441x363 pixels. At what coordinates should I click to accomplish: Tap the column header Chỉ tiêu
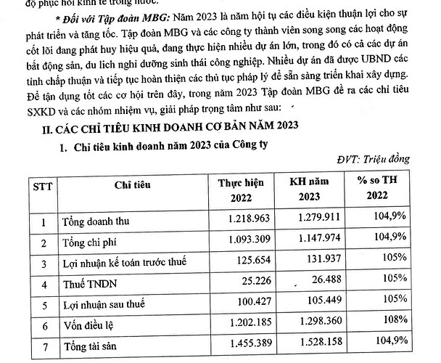[131, 189]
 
